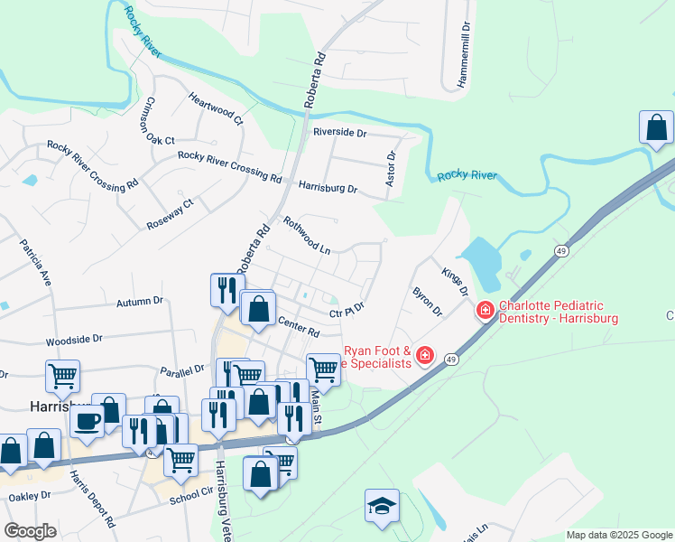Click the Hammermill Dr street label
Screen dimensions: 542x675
[x=466, y=54]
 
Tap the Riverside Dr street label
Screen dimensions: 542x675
[x=340, y=132]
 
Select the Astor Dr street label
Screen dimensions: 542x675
[x=391, y=169]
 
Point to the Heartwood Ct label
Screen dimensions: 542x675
[x=216, y=107]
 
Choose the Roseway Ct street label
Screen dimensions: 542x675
[x=171, y=214]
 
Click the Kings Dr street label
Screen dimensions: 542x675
[x=456, y=281]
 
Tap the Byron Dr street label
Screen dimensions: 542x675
[x=427, y=301]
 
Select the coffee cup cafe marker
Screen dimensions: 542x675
[x=88, y=420]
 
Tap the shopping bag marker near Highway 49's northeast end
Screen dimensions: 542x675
[x=656, y=128]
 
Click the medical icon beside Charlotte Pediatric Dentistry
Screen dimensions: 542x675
[x=485, y=311]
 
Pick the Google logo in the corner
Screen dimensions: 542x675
[x=31, y=530]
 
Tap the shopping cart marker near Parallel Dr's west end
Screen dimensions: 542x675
[x=62, y=376]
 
